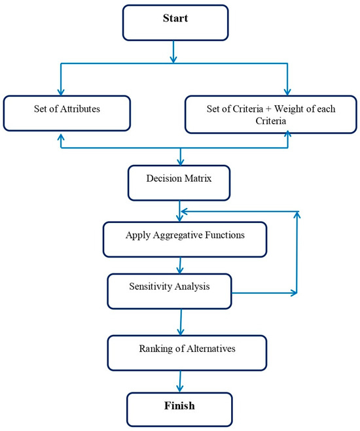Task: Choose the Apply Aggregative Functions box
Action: point(185,239)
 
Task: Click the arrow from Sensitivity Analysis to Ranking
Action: point(180,322)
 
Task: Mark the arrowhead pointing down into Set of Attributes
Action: point(60,93)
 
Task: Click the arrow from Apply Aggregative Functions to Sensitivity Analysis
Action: point(179,265)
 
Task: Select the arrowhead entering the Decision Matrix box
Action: point(179,161)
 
